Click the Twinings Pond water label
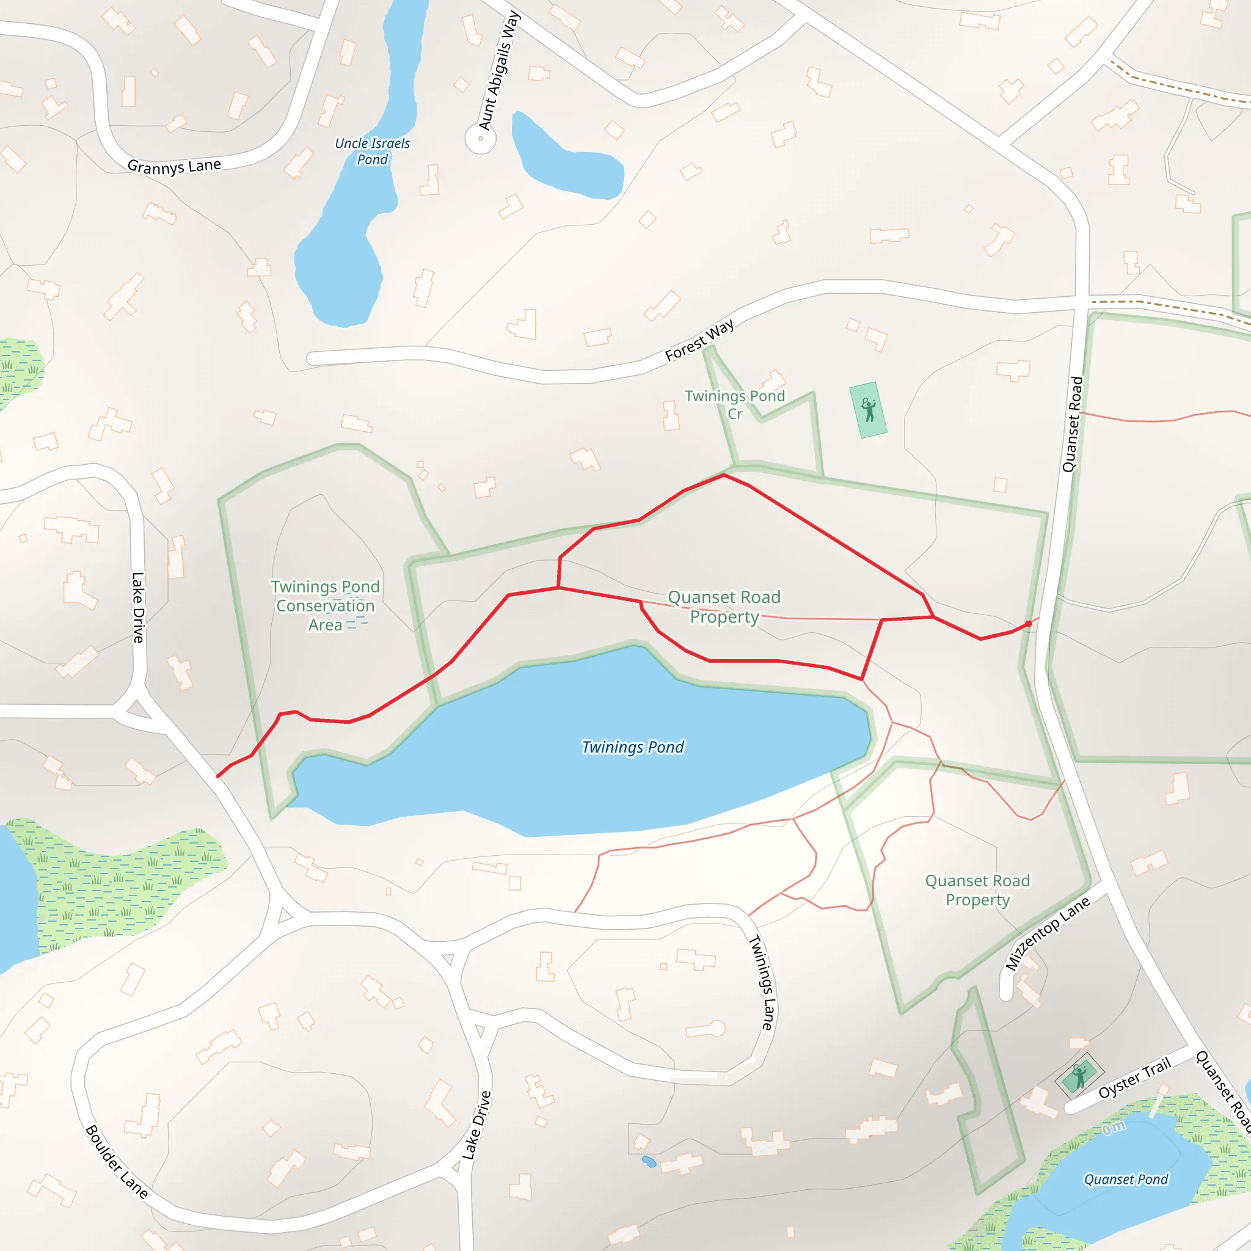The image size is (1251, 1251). click(x=632, y=747)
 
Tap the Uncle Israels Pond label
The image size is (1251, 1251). click(x=373, y=151)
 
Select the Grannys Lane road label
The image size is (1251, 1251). click(x=174, y=166)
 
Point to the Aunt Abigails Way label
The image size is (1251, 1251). click(x=498, y=71)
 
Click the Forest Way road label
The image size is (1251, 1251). click(x=699, y=340)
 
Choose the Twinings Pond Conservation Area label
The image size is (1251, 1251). click(x=325, y=605)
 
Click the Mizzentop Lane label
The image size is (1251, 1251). click(x=1047, y=933)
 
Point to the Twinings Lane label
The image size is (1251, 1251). click(x=762, y=983)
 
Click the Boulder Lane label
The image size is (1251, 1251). click(x=117, y=1162)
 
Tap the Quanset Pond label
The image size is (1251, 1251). click(x=1126, y=1179)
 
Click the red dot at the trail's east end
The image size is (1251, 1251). click(x=1028, y=624)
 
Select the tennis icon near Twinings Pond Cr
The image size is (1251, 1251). click(x=869, y=410)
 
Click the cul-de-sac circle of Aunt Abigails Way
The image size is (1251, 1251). click(x=481, y=139)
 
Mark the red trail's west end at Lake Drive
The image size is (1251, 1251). click(x=217, y=776)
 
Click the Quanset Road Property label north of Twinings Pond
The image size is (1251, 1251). click(x=724, y=607)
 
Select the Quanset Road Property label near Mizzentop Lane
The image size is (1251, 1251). click(x=977, y=891)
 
